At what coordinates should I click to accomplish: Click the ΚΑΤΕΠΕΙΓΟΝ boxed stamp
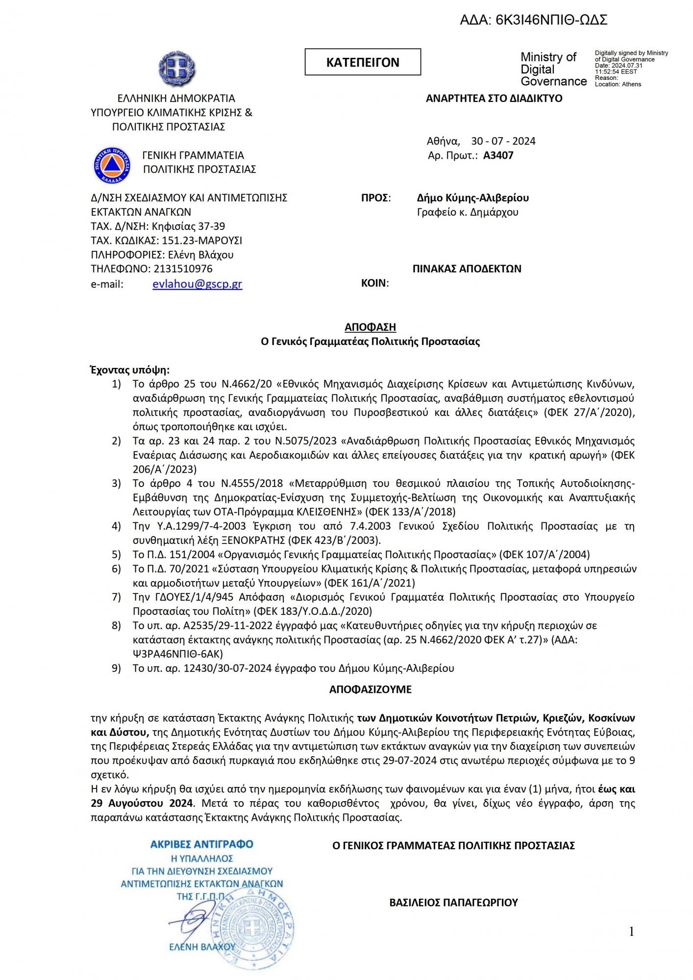(x=363, y=62)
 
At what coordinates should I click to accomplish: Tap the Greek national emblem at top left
(x=176, y=69)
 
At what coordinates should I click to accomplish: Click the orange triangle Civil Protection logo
(x=112, y=165)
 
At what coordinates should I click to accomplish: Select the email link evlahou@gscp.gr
(x=197, y=284)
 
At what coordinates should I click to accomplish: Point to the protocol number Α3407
(x=498, y=156)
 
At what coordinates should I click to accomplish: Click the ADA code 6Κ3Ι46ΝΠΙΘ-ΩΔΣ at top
(x=551, y=20)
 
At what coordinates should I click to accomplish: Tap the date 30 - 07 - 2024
(x=503, y=142)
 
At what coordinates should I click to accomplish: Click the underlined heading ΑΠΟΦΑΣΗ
(x=370, y=327)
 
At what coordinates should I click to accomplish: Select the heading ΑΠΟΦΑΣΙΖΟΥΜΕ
(x=370, y=689)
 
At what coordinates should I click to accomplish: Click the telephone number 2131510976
(x=183, y=269)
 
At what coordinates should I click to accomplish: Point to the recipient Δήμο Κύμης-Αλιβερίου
(x=472, y=198)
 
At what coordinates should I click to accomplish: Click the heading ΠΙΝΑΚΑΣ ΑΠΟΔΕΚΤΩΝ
(x=467, y=269)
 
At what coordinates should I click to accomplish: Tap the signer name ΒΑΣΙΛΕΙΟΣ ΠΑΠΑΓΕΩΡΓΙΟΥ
(x=453, y=903)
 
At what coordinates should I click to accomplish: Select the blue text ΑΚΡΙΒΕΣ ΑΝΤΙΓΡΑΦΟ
(x=201, y=845)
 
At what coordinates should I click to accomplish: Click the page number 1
(x=631, y=931)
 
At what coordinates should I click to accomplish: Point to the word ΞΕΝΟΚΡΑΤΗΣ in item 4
(x=253, y=540)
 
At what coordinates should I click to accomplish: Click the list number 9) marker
(x=116, y=668)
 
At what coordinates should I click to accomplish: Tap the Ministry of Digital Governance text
(x=553, y=69)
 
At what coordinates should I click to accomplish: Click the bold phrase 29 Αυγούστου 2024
(x=142, y=804)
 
